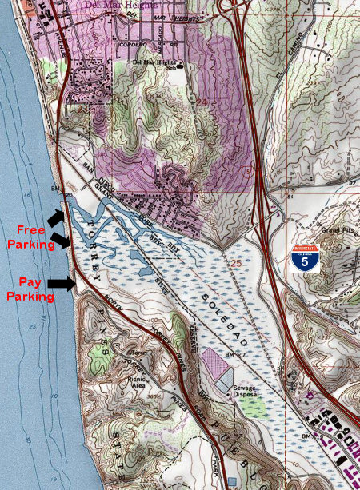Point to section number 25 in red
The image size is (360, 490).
tap(233, 261)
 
